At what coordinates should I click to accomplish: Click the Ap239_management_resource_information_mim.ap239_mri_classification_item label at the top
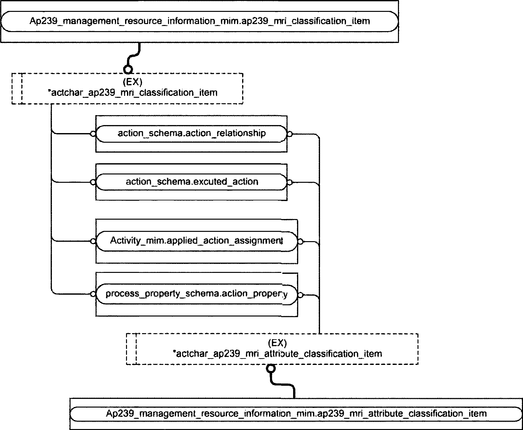coord(199,21)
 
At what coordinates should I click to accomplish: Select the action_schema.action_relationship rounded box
coord(191,133)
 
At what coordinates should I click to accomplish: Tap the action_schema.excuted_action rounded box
coord(192,182)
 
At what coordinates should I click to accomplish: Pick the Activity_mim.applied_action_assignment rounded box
coord(197,240)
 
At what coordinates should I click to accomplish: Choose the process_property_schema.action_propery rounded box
coord(197,294)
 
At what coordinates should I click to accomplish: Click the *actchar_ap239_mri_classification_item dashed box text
coord(132,93)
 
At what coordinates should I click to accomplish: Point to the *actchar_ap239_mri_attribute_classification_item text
coord(277,354)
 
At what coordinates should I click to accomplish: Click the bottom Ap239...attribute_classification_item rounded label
coord(296,414)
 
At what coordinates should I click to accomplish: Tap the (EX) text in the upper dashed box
coord(132,82)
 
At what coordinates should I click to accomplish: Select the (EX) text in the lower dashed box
coord(277,343)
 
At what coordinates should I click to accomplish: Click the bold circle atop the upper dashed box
coord(128,69)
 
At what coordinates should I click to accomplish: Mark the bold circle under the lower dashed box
coord(271,368)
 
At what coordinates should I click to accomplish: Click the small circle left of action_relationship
coord(93,134)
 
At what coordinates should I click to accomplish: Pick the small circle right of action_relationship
coord(290,134)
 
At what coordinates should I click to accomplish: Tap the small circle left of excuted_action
coord(93,182)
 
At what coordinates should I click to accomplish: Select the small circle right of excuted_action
coord(290,182)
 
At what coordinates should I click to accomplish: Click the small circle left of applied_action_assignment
coord(93,241)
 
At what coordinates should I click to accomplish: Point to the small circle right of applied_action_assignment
coord(300,241)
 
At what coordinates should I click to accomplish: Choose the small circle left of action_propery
coord(93,294)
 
